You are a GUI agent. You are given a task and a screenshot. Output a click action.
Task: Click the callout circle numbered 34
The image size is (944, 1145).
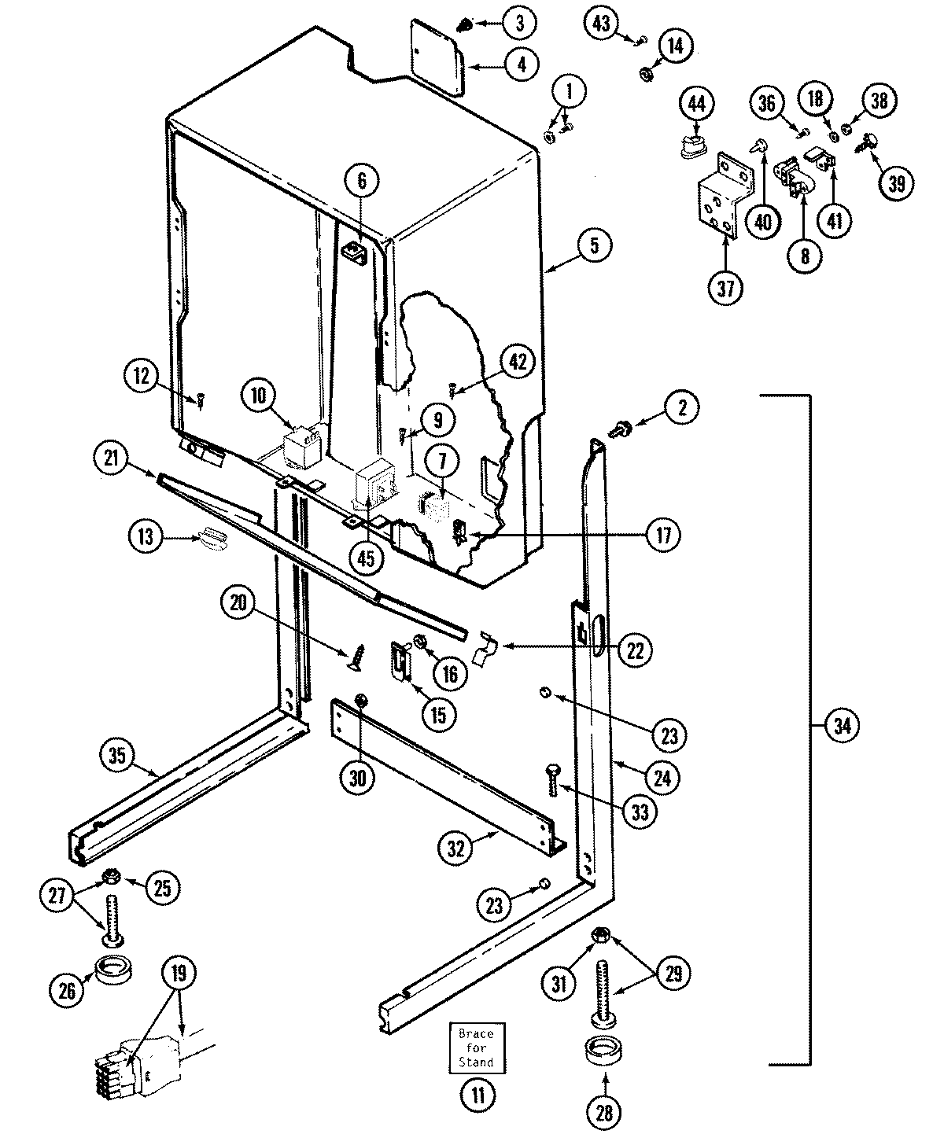[843, 726]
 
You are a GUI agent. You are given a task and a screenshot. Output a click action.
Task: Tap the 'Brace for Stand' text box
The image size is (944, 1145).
[476, 1048]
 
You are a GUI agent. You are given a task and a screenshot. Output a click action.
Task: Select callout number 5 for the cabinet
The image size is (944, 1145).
[594, 245]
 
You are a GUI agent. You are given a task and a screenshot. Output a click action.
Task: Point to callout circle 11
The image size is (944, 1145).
[478, 1094]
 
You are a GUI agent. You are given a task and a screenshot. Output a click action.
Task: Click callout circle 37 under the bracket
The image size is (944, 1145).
[725, 289]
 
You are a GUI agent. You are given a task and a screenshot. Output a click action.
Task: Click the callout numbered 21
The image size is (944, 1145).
[111, 458]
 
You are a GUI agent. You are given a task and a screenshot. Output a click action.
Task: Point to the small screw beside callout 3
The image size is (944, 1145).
[466, 27]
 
